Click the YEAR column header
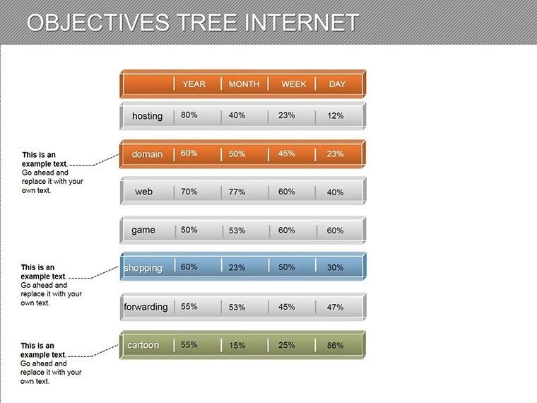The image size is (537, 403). pos(194,84)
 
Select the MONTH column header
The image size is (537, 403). pos(244,84)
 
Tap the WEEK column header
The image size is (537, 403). pos(294,84)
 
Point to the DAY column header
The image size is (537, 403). pos(337,84)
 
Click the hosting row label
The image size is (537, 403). pos(147,116)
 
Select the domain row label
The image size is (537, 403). pos(147,154)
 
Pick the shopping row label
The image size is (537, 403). pos(143,268)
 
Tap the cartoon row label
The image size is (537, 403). pos(143,345)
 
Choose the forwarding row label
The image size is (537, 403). pos(146,307)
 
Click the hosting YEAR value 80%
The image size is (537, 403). pos(189,115)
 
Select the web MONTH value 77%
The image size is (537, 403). pos(237,192)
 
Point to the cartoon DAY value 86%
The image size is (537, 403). pos(335,346)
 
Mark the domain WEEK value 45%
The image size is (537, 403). pos(286,153)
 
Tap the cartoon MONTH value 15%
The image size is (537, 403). pos(237,346)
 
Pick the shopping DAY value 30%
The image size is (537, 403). pos(335,268)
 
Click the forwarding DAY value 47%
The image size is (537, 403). pos(335,308)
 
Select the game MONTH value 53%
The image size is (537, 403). pos(237,230)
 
